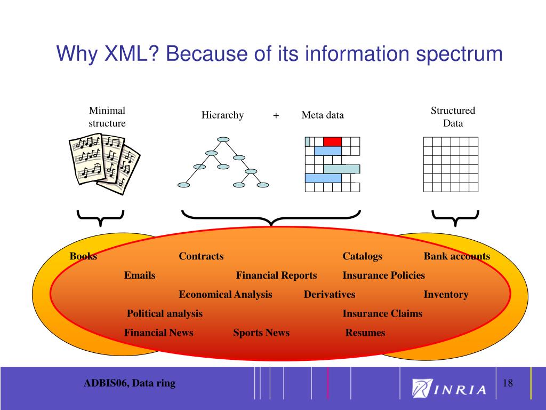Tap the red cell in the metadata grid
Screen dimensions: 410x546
(332, 141)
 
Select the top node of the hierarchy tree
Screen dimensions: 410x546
(223, 140)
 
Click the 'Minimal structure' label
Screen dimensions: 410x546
(107, 117)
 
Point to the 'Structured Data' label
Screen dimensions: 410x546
(453, 117)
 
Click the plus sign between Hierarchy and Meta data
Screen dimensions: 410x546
(276, 115)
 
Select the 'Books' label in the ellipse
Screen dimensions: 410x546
(83, 256)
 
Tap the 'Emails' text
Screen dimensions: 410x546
(140, 275)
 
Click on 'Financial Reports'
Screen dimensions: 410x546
(276, 275)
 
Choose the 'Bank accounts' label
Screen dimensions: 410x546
(456, 256)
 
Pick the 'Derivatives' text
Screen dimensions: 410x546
(330, 295)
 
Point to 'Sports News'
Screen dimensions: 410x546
(261, 333)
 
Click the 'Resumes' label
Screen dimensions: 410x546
(365, 333)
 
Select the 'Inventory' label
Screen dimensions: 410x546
(446, 295)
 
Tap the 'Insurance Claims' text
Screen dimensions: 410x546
(382, 314)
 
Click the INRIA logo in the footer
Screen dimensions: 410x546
(449, 388)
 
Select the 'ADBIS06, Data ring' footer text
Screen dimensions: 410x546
(129, 383)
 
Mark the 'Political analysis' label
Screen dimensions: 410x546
(165, 314)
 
